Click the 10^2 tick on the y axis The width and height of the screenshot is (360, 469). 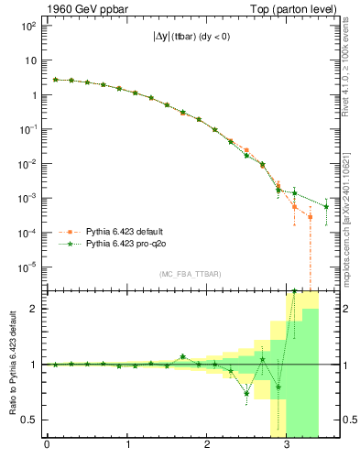tap(28, 26)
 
